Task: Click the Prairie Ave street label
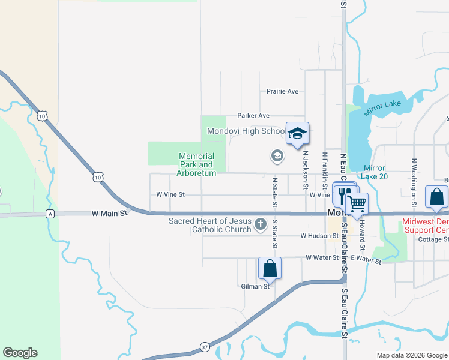coord(282,92)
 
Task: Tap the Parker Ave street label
coord(253,116)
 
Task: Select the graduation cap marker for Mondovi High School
coord(297,134)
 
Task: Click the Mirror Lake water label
coord(382,104)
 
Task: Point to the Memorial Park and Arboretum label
coord(196,164)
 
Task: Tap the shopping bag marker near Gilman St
coord(270,269)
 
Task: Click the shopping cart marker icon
coord(357,203)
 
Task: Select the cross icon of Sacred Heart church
coord(260,225)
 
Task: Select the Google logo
coord(20,353)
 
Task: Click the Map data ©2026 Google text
coord(411,355)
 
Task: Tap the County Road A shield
coord(50,214)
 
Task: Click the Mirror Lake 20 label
coord(375,172)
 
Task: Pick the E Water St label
coord(366,258)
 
